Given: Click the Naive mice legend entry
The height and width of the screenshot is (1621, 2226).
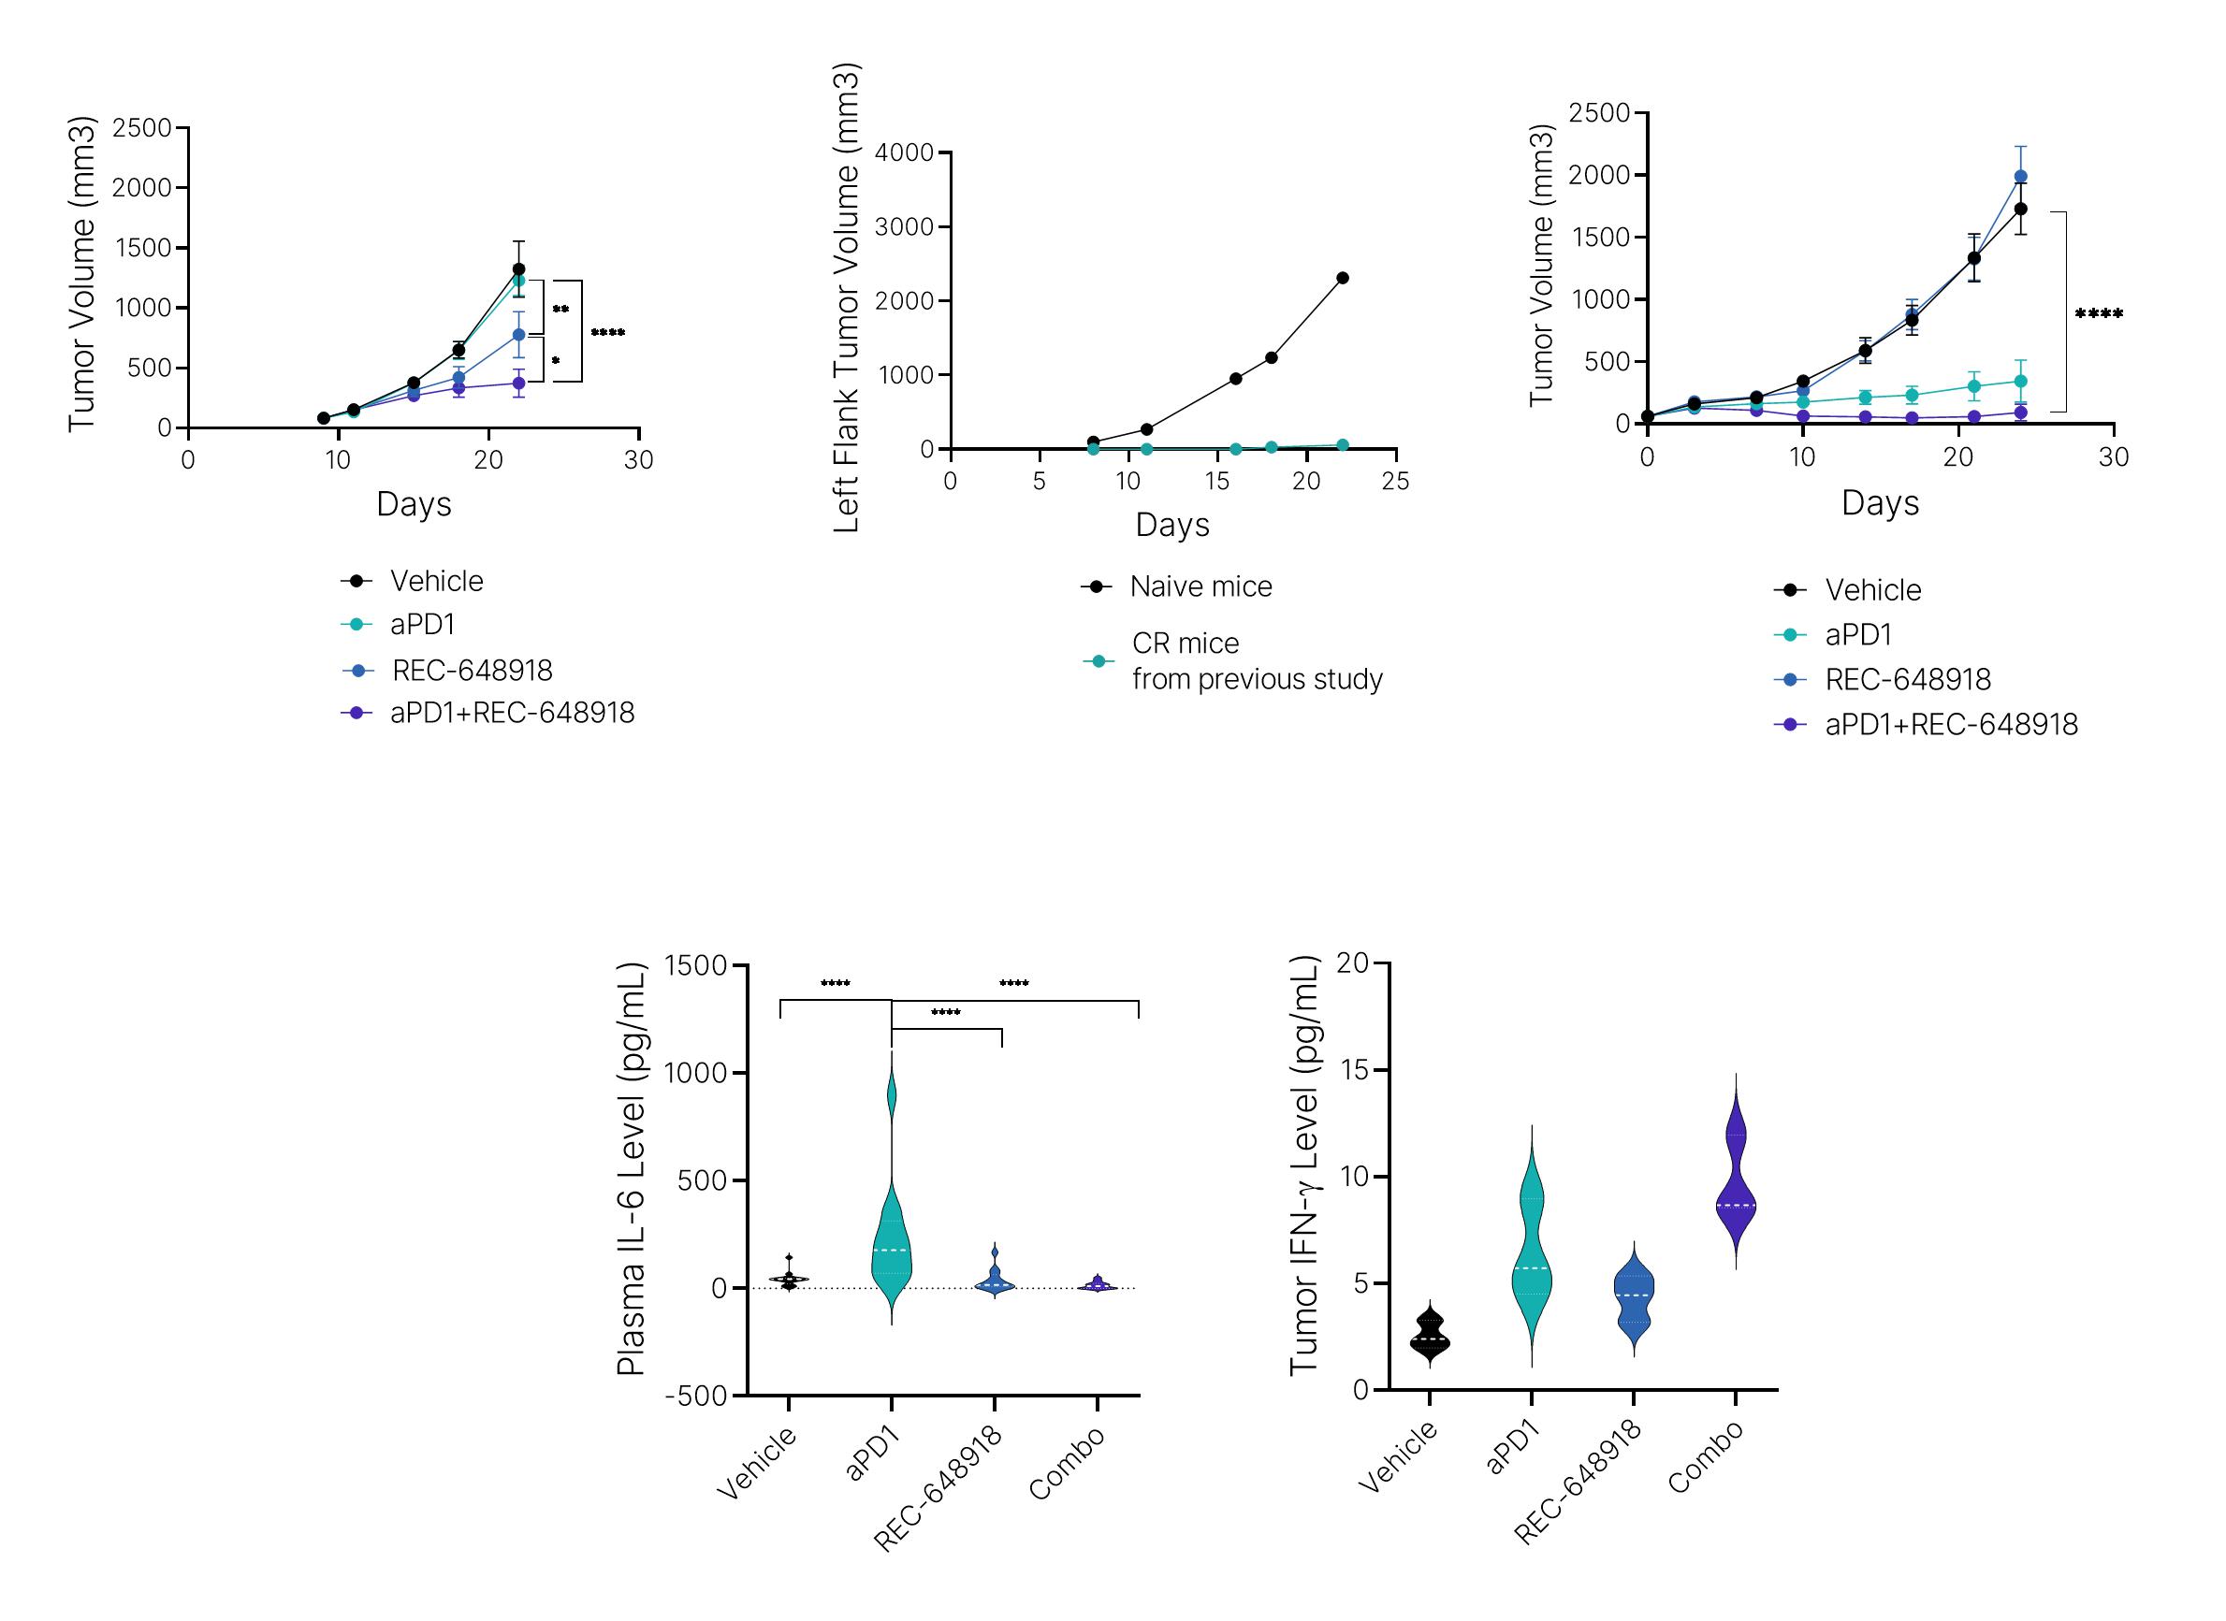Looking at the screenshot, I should point(1200,586).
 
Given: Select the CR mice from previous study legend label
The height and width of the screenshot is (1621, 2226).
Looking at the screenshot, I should point(1257,661).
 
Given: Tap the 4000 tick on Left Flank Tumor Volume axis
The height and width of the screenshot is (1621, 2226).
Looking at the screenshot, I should point(904,153).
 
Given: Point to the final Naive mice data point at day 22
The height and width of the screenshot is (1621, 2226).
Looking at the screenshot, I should point(1343,278).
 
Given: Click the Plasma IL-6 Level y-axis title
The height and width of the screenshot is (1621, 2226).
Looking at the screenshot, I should point(631,1169).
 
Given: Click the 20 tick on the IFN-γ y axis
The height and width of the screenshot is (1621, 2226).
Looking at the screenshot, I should point(1352,963).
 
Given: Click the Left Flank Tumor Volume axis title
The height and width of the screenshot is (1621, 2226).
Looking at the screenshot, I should point(846,298).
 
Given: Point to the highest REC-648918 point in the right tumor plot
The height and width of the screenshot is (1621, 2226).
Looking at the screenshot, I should point(2021,177).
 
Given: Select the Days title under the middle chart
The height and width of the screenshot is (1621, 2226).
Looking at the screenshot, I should point(1171,525).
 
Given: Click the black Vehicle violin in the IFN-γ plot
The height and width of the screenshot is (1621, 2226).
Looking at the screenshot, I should point(1430,1338).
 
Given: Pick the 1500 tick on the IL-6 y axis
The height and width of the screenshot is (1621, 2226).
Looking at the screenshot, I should point(695,966).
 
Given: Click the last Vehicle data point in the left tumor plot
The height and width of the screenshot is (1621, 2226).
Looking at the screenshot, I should point(518,268).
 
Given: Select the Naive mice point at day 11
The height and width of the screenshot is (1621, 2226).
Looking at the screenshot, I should point(1146,428).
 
